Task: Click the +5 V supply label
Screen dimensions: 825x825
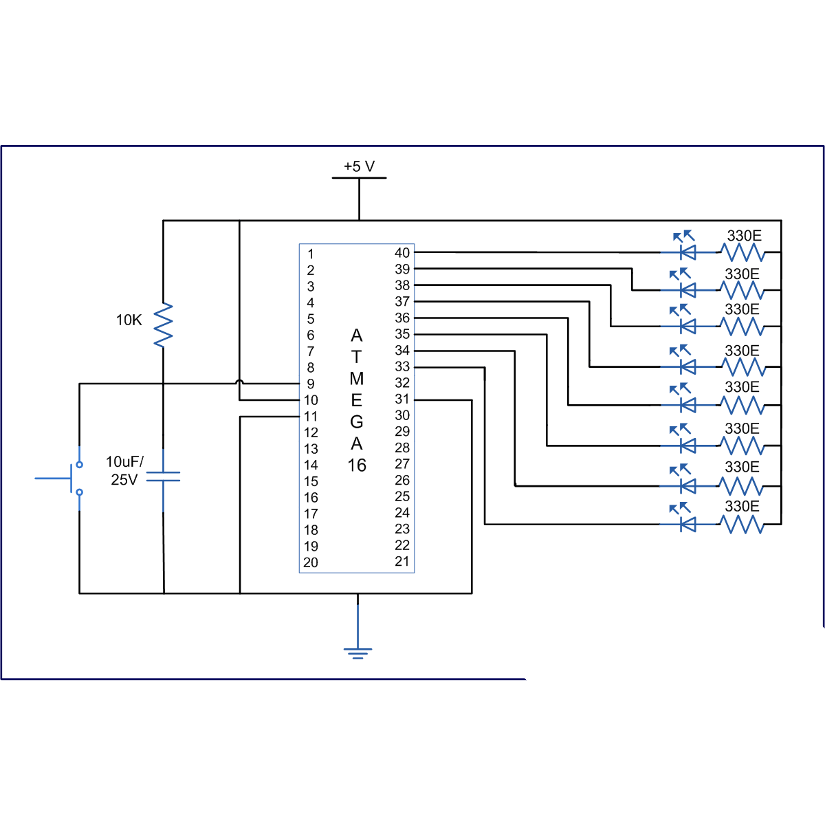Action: click(x=359, y=166)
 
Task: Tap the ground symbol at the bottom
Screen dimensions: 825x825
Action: click(x=357, y=652)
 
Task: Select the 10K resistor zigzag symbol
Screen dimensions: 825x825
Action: click(x=163, y=324)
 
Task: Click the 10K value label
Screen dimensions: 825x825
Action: click(x=129, y=320)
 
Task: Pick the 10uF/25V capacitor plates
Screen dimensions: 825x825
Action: click(x=163, y=476)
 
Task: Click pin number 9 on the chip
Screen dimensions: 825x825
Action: click(x=311, y=384)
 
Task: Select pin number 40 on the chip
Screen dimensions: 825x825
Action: click(x=402, y=253)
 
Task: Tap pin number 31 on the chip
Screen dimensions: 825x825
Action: click(x=402, y=399)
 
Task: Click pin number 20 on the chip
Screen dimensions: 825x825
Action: click(x=311, y=562)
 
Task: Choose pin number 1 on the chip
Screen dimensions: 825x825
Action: click(x=311, y=254)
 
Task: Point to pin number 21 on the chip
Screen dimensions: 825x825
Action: click(x=402, y=561)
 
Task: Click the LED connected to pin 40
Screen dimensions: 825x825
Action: click(x=686, y=252)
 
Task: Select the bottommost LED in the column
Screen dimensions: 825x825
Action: click(x=686, y=524)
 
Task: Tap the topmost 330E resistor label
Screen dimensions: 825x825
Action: click(x=744, y=236)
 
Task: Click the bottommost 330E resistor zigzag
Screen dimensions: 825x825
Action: click(x=742, y=525)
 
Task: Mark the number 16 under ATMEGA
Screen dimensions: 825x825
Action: click(x=357, y=465)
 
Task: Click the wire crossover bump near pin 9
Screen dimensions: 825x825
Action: click(x=239, y=382)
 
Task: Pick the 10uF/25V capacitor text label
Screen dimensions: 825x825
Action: click(x=124, y=470)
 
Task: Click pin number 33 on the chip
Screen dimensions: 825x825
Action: click(x=402, y=367)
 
